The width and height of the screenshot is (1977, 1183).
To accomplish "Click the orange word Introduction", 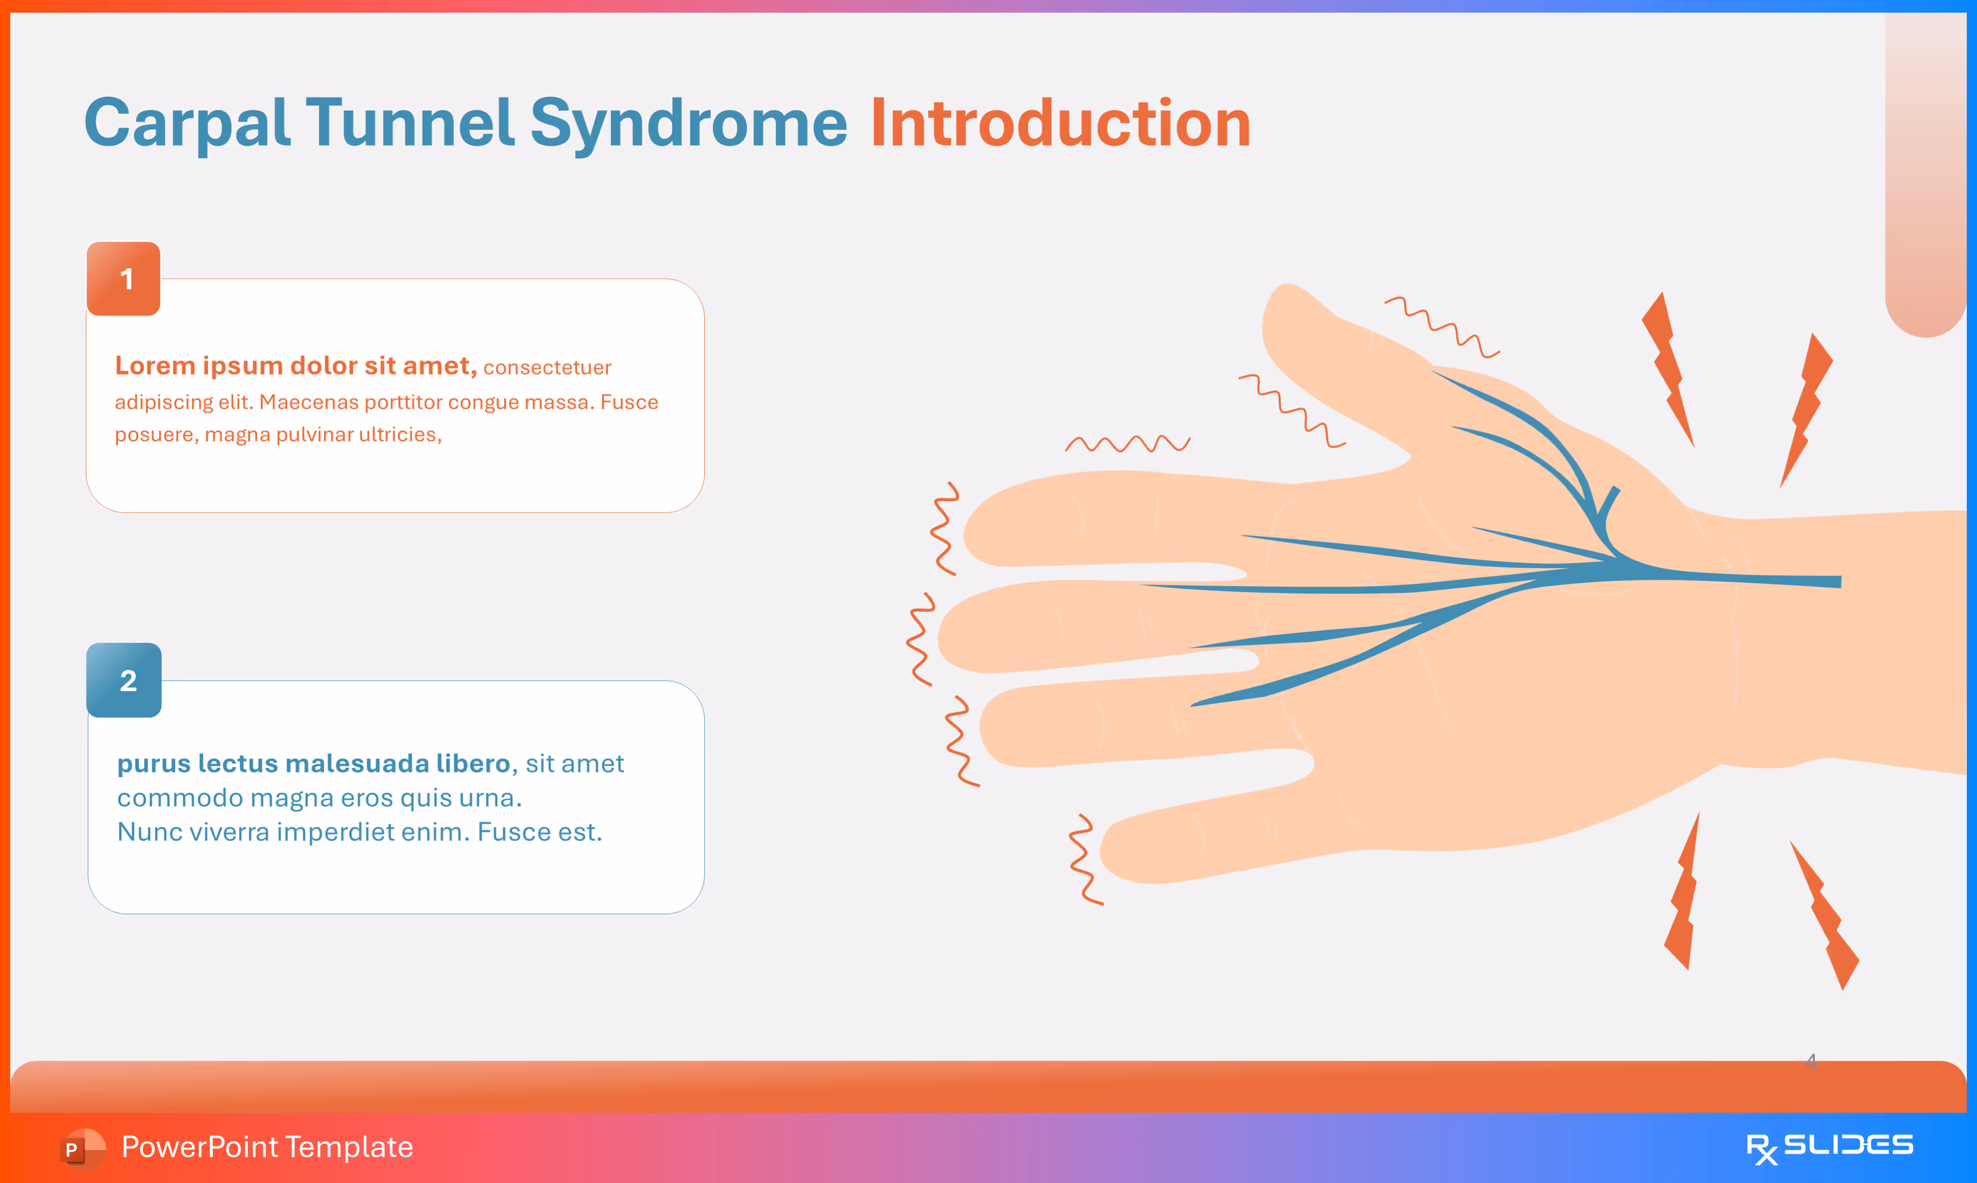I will point(1060,124).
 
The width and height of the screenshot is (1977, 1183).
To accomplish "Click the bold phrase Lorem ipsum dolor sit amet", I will point(295,366).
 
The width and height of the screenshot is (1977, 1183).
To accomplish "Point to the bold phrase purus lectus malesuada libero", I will point(313,764).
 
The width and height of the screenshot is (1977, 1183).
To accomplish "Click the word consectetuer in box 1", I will point(547,368).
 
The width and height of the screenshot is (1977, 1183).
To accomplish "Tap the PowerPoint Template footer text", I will point(267,1147).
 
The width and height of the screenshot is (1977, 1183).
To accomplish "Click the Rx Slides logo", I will point(1829,1147).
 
